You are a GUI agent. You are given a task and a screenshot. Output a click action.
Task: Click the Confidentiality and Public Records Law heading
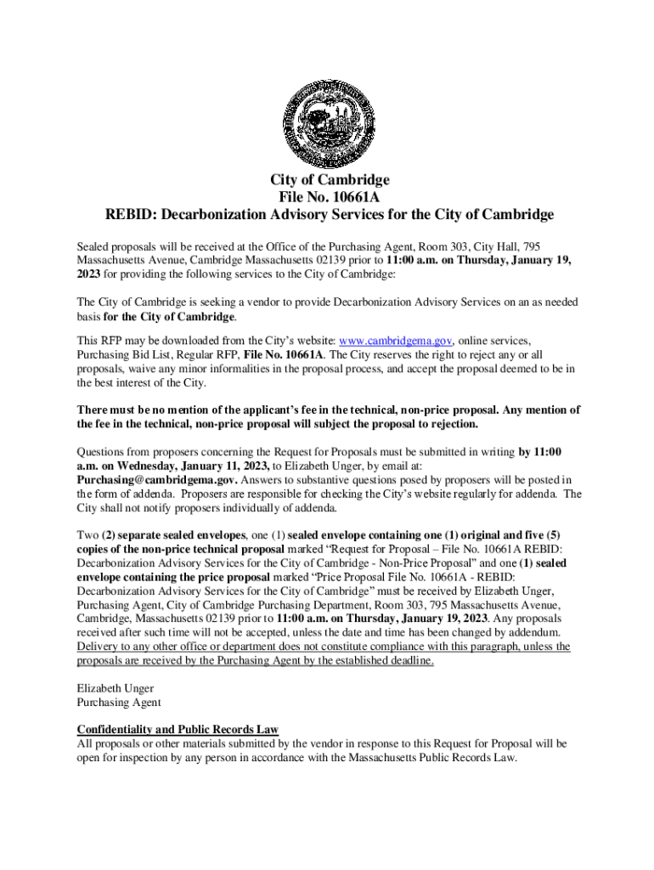click(178, 730)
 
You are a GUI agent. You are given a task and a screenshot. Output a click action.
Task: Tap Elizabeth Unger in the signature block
click(116, 688)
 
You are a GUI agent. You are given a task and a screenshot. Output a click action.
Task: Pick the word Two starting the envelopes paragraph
click(87, 536)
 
